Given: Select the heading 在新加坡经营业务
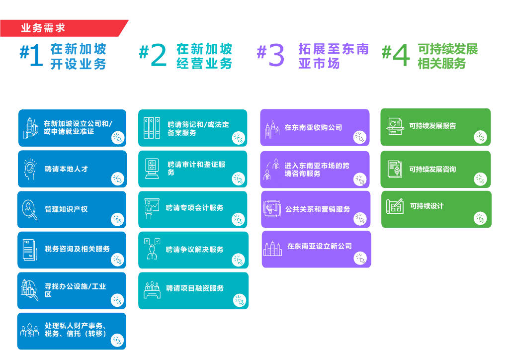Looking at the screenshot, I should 204,56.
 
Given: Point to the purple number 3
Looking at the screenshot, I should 276,56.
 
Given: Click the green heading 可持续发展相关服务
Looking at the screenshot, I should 447,56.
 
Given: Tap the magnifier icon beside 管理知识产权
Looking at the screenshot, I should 29,209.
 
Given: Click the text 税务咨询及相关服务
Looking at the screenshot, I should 77,249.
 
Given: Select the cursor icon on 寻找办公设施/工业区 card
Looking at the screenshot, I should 117,300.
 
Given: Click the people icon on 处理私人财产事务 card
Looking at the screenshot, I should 29,330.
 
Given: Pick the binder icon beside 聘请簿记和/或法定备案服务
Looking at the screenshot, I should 152,128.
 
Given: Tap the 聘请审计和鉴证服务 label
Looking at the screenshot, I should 196,168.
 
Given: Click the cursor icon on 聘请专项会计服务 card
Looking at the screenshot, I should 239,219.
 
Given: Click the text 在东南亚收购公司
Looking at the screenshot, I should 313,128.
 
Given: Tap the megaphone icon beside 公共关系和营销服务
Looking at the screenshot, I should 272,209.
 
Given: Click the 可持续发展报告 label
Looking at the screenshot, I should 432,126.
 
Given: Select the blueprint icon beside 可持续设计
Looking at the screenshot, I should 395,206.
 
